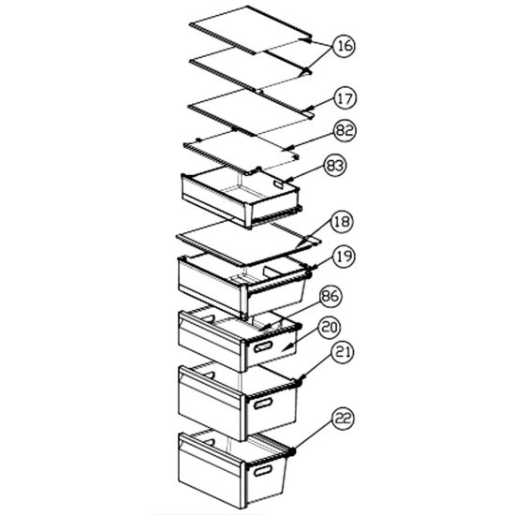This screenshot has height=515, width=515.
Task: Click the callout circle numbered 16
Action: pyautogui.click(x=345, y=46)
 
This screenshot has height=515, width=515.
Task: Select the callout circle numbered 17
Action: pyautogui.click(x=346, y=98)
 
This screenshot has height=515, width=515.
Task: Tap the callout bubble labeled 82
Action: pyautogui.click(x=345, y=131)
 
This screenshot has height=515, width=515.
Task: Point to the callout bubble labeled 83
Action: pyautogui.click(x=335, y=165)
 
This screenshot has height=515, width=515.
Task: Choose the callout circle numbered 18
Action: pyautogui.click(x=342, y=221)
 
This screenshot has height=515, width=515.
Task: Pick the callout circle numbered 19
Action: pyautogui.click(x=345, y=257)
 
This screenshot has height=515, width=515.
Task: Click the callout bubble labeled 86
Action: pyautogui.click(x=331, y=296)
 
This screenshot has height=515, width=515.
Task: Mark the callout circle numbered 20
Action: pyautogui.click(x=331, y=328)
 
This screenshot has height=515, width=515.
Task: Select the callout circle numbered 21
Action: pyautogui.click(x=343, y=352)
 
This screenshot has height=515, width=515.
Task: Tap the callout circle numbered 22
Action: pyautogui.click(x=344, y=419)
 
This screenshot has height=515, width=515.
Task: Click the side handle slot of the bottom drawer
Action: pyautogui.click(x=263, y=471)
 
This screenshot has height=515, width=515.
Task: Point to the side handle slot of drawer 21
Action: pyautogui.click(x=263, y=404)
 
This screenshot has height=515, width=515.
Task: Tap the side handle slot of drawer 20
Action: pyautogui.click(x=263, y=346)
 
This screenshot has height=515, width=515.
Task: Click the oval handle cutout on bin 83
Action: pyautogui.click(x=279, y=184)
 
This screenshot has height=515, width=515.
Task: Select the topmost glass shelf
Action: pyautogui.click(x=250, y=30)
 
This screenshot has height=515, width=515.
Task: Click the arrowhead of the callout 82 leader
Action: pyautogui.click(x=287, y=149)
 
